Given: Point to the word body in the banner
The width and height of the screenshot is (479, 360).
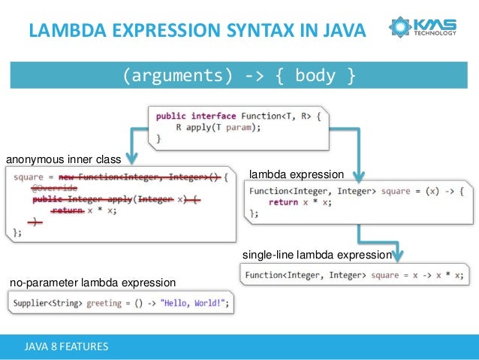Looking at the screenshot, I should coord(315,76).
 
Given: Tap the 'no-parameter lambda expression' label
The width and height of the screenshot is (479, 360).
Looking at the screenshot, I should coord(92,283).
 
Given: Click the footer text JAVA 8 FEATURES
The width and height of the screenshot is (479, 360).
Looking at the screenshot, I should coord(66,346).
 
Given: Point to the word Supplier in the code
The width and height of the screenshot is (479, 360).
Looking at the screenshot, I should coord(32,304).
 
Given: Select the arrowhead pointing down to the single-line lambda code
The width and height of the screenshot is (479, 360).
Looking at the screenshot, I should coord(399,256).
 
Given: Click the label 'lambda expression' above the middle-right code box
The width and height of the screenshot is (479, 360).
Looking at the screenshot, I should coord(295,174).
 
